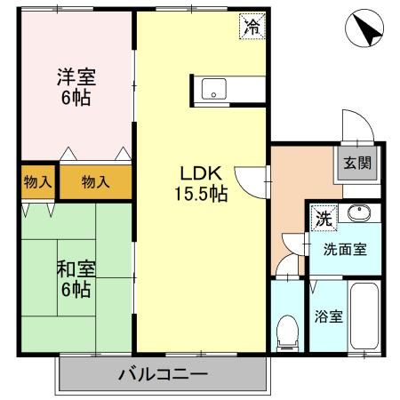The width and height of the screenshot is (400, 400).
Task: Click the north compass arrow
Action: click(365, 28)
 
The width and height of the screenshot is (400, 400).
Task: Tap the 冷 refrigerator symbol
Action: click(252, 26)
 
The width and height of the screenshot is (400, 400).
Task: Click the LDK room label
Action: click(201, 172)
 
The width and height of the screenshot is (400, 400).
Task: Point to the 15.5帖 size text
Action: click(201, 193)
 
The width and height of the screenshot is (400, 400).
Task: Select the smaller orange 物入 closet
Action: click(36, 181)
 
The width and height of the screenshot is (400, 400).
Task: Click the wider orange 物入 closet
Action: click(95, 181)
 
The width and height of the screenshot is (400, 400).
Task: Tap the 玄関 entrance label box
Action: click(359, 162)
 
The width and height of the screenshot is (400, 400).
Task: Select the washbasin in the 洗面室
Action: click(359, 213)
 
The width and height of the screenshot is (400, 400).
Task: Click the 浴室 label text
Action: click(326, 316)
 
